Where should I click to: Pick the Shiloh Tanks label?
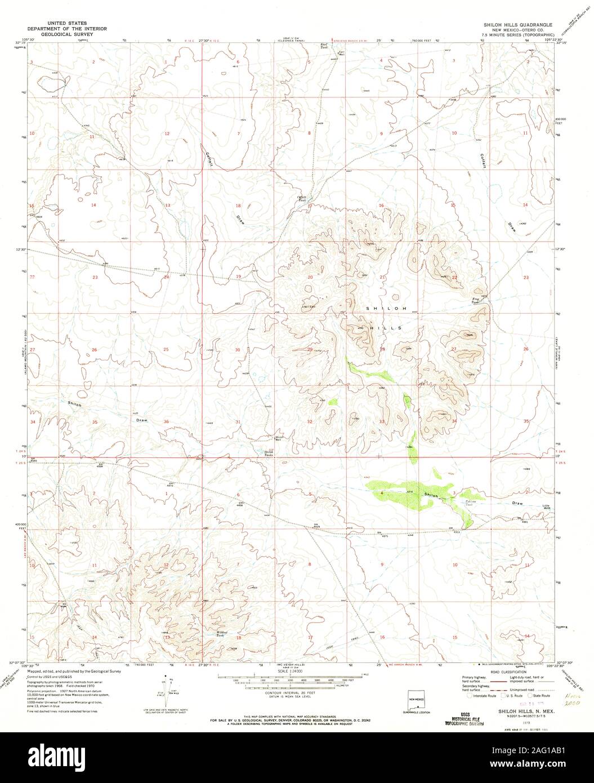click(270, 452)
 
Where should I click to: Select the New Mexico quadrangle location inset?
click(416, 700)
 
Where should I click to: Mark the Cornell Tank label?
click(302, 198)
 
